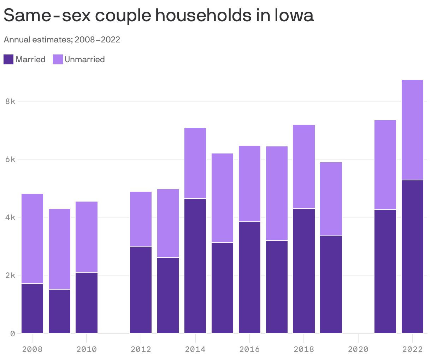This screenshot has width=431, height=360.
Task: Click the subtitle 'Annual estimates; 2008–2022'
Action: (x=62, y=40)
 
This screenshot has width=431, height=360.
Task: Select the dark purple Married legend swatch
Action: (x=8, y=59)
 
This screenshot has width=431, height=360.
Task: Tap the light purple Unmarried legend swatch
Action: (x=58, y=59)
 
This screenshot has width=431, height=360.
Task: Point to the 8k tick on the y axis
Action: (x=10, y=101)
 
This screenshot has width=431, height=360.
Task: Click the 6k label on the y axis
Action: (x=10, y=159)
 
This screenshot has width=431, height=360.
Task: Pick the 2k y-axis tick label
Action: (x=10, y=275)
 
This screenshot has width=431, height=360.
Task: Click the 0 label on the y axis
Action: (x=13, y=333)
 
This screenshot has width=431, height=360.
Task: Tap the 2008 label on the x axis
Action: (x=32, y=349)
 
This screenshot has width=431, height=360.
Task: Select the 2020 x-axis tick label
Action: (x=358, y=349)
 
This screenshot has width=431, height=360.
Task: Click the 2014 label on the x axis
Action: (x=195, y=349)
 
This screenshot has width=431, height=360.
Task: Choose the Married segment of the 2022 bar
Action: (x=412, y=256)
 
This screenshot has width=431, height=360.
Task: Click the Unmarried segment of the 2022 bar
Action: (x=412, y=130)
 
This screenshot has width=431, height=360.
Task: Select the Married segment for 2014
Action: (x=195, y=266)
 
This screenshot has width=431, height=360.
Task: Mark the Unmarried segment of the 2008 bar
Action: (x=32, y=239)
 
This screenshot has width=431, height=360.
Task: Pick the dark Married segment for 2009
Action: (x=59, y=311)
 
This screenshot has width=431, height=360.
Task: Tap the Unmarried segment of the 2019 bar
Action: (x=331, y=199)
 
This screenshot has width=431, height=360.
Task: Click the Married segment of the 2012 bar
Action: (x=141, y=290)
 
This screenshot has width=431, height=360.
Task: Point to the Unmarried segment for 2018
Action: (x=304, y=167)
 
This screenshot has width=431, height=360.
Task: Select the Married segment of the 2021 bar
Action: (x=385, y=271)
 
